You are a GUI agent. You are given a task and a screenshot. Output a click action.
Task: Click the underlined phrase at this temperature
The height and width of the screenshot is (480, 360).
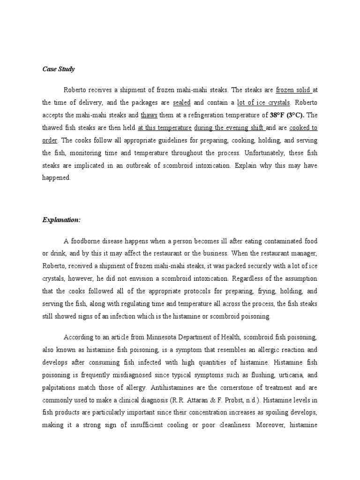(165, 127)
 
